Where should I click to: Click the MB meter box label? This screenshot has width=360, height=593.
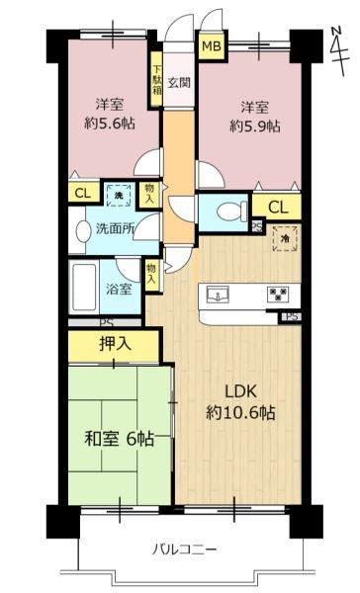coord(212,46)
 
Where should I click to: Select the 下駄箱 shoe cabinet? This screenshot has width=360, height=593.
coord(156,79)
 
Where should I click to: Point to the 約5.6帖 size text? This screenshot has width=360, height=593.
coord(110,123)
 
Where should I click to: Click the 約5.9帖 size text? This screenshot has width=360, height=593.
coord(255,126)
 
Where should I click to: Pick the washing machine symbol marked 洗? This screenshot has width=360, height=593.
coord(120,196)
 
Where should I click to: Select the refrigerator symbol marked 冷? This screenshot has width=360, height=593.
coord(285,238)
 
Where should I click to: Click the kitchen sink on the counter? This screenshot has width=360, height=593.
coord(218,294)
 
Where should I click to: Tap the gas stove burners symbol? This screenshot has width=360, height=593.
coord(278,294)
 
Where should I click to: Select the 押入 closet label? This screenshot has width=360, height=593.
coord(115,344)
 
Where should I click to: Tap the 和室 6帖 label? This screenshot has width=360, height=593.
coord(119,439)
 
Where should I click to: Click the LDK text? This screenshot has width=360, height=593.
coord(241,391)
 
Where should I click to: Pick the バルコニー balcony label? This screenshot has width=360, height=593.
coord(184,549)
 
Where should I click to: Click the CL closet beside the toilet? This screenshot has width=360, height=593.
coord(278,207)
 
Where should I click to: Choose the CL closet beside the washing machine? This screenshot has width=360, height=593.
coord(83,194)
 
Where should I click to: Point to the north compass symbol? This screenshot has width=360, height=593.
coord(338,50)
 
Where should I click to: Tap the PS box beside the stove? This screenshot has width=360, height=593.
coord(292,316)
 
